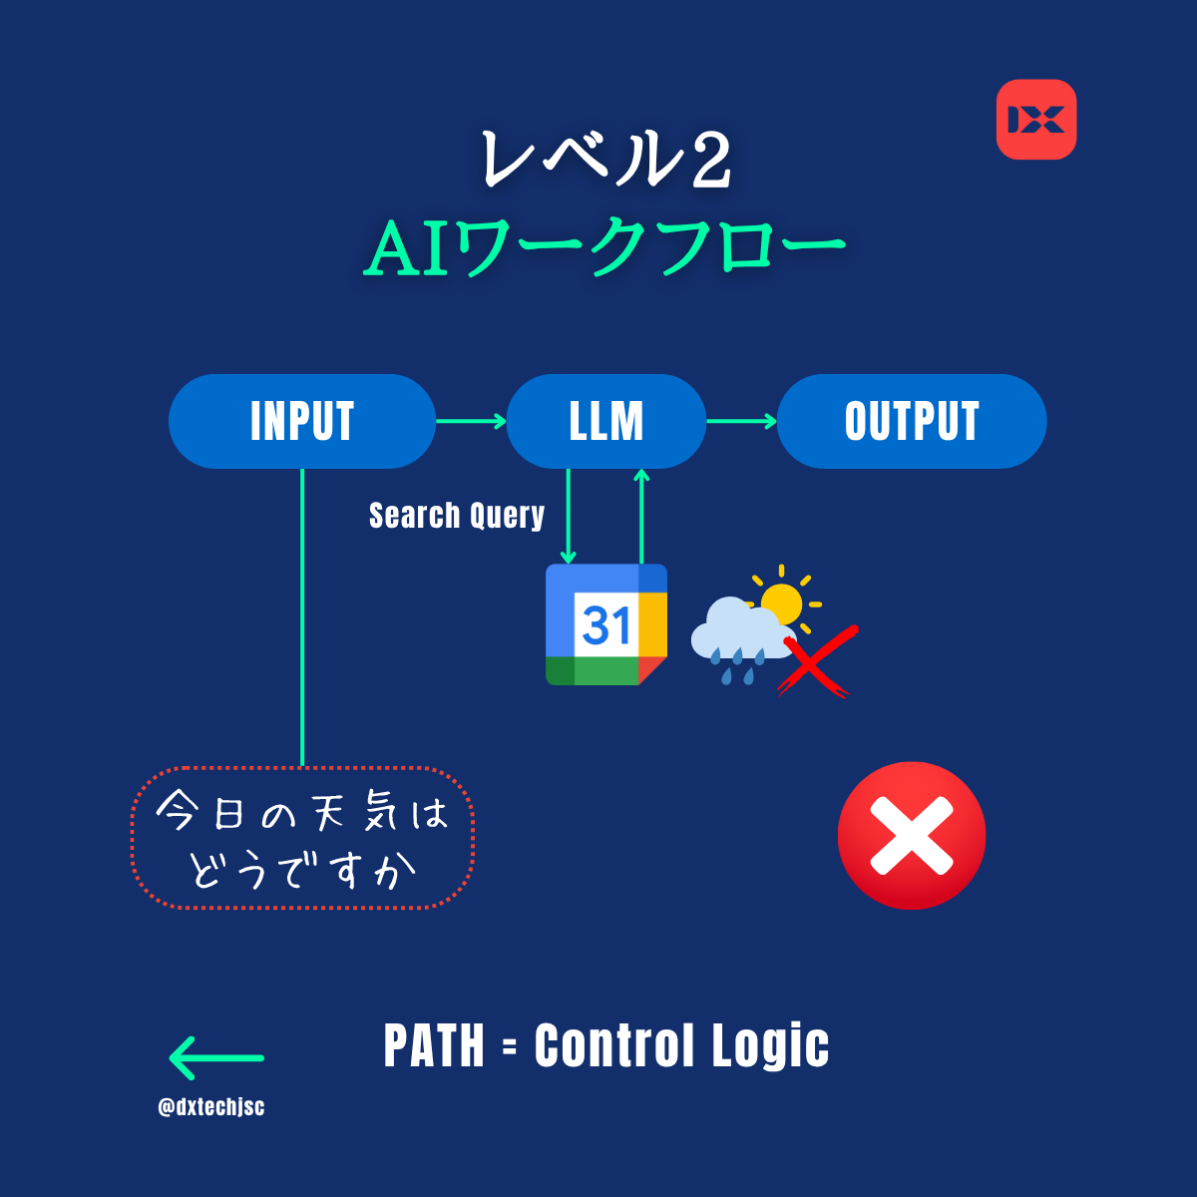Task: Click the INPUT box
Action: click(x=302, y=421)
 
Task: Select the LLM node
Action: click(x=606, y=421)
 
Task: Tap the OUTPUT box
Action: click(x=912, y=421)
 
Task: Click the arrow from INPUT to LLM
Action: click(x=472, y=422)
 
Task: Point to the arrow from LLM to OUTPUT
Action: click(x=742, y=422)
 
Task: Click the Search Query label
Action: click(x=457, y=516)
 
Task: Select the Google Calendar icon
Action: click(x=606, y=624)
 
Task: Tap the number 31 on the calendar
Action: click(x=606, y=624)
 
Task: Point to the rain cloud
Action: click(x=740, y=633)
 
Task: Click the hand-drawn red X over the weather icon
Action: click(x=817, y=661)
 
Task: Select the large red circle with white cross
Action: click(x=912, y=836)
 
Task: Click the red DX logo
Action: click(x=1036, y=120)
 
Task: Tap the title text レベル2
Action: click(x=606, y=160)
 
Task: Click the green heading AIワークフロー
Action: click(x=605, y=247)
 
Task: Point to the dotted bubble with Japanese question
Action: click(x=302, y=838)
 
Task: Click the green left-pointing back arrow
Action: click(x=216, y=1058)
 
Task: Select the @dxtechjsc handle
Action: click(x=211, y=1106)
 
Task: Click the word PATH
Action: click(x=434, y=1046)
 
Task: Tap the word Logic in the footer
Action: click(x=770, y=1047)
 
